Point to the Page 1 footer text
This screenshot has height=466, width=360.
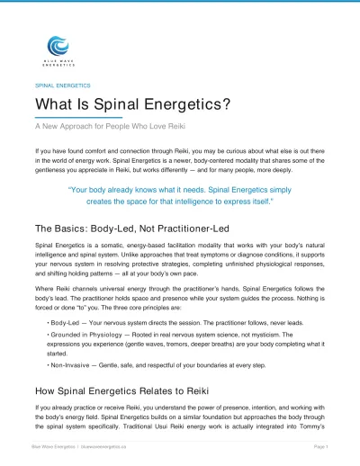coord(320,447)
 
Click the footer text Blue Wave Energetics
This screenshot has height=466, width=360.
coord(55,447)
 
